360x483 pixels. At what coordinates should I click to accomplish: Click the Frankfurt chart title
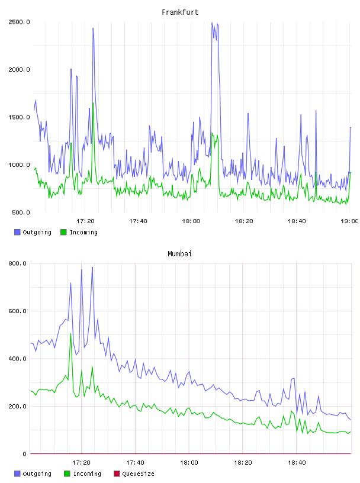coord(180,12)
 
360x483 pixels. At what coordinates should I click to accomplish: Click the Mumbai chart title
coord(179,253)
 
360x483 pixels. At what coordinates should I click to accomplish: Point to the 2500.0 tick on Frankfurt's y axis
coord(19,22)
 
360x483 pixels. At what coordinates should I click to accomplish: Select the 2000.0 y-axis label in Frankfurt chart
coord(19,70)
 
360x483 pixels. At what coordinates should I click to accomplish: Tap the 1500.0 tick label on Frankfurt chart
coord(19,117)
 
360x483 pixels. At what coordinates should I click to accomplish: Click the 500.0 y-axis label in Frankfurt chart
coord(21,212)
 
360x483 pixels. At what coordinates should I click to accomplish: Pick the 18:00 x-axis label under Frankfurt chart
coord(191,221)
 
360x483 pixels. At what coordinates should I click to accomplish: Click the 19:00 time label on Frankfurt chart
coord(349,221)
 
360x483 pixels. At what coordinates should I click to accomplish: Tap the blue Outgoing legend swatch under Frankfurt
coord(17,232)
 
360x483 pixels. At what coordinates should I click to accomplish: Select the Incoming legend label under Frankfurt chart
coord(83,232)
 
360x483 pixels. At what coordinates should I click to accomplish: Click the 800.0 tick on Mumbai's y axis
coord(18,263)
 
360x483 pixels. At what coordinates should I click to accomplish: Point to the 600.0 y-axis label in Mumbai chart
coord(18,311)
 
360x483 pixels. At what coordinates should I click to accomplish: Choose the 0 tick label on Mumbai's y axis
coord(24,454)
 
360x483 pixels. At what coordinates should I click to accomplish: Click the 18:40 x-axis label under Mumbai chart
coord(297,462)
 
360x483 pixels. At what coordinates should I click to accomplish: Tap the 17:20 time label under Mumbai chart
coord(81,462)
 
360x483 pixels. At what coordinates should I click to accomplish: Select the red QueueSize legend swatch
coord(117,474)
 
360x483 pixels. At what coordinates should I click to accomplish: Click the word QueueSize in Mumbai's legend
coord(138,474)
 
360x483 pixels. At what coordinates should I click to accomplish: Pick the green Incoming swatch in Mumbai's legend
coord(67,474)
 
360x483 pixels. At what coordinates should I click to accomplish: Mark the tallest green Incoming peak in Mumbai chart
coord(70,334)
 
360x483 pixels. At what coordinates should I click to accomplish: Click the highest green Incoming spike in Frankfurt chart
coord(93,103)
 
